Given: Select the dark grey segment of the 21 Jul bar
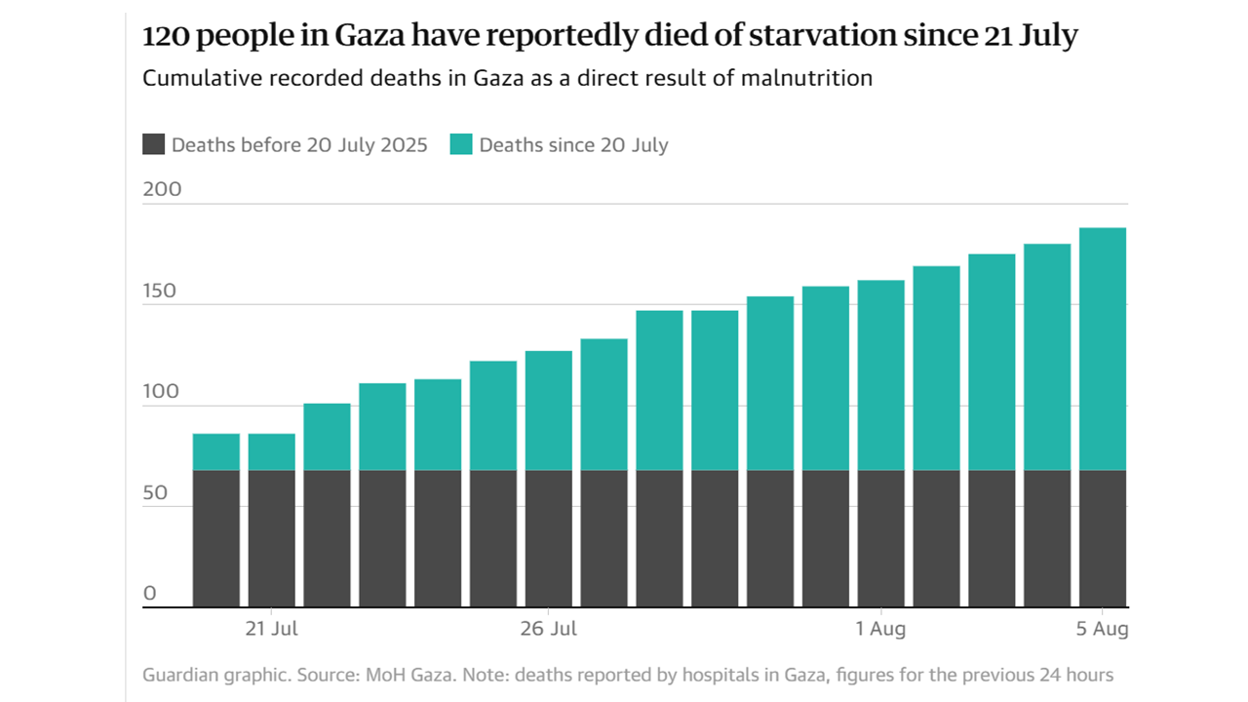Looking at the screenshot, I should click(271, 537).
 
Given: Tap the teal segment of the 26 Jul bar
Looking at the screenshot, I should click(549, 410).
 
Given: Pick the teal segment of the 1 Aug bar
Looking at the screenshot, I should click(881, 374).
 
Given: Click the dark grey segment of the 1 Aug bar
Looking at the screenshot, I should click(881, 537).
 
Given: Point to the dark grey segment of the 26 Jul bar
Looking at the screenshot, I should click(549, 537).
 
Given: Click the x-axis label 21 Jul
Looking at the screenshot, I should click(271, 629).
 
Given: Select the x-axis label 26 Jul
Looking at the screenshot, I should click(549, 629).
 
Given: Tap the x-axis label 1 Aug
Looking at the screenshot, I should click(881, 629).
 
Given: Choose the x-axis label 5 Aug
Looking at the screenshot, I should click(1103, 629).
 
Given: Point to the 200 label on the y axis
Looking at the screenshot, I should click(162, 189).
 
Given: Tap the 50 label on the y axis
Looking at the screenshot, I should click(156, 493).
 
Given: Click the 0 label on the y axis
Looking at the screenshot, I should click(149, 594).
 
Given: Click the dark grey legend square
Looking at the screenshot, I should click(153, 145).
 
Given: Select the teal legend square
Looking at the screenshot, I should click(461, 145).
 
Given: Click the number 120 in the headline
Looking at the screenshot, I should click(168, 36).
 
